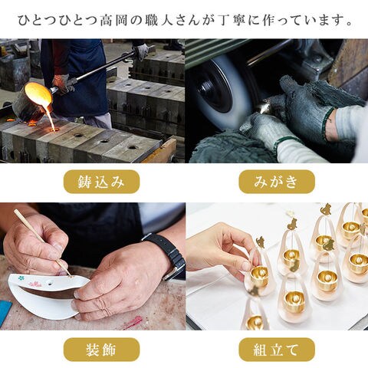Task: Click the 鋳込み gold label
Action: coord(101,182)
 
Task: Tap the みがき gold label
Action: coord(277,182)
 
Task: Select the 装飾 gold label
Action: coord(101,350)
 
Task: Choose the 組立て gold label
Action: coord(277,350)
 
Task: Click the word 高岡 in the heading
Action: coord(113,21)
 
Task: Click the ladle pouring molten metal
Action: coord(32,101)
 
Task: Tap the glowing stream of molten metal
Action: coord(51,117)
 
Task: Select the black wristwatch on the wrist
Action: coord(169,256)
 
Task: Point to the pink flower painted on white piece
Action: coord(35,284)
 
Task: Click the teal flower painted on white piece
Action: coord(21,278)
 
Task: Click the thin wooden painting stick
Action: coord(42,243)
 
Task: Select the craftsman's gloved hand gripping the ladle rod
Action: coord(64,82)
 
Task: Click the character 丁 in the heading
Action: coord(224,21)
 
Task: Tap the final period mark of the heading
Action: coord(349,24)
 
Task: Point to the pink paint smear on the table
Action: coord(133,323)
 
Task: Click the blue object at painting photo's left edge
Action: coord(5,313)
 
